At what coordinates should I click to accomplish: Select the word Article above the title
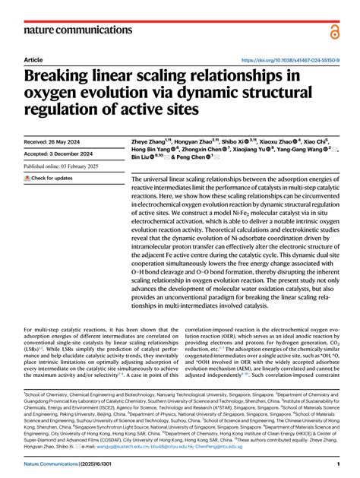(x=33, y=59)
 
